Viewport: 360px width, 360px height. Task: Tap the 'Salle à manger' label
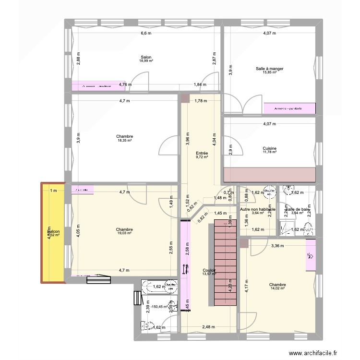[x=269, y=69]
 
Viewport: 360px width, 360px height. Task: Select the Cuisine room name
[x=269, y=148]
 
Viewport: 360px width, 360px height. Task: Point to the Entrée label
[x=202, y=153]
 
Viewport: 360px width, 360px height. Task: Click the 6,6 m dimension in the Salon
[x=146, y=34]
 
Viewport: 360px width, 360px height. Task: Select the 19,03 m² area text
[x=124, y=234]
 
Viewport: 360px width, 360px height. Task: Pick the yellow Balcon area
[x=53, y=233]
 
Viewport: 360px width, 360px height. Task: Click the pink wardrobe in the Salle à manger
[x=289, y=108]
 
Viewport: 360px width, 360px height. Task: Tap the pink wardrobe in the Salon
[x=98, y=86]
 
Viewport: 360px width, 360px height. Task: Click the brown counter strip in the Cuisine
[x=269, y=175]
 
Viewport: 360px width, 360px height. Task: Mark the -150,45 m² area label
[x=159, y=307]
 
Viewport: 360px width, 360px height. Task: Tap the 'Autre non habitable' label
[x=257, y=210]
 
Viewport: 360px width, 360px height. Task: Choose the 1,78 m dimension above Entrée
[x=201, y=101]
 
